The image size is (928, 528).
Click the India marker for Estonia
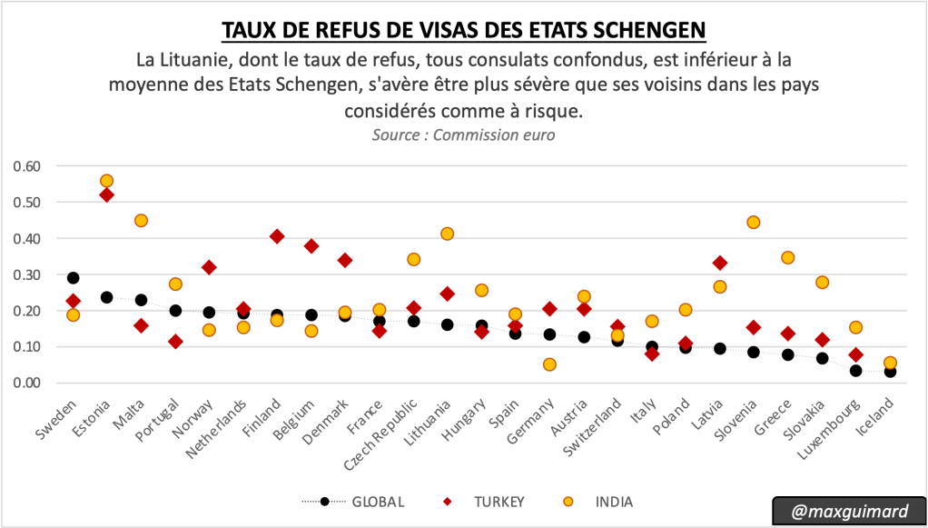pos(107,181)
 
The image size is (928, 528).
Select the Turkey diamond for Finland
pos(277,236)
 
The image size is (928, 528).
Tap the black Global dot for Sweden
pos(73,278)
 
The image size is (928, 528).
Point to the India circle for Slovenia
pos(753,223)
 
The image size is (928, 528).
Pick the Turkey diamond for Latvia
pos(719,263)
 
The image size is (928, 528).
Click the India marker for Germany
pos(549,364)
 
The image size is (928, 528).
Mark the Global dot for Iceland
pos(890,371)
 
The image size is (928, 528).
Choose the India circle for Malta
pos(141,220)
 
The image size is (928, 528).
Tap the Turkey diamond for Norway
pos(209,267)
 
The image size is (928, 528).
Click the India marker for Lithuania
pos(447,234)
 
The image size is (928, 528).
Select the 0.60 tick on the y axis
pos(27,166)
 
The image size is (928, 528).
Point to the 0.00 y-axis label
pos(27,383)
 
